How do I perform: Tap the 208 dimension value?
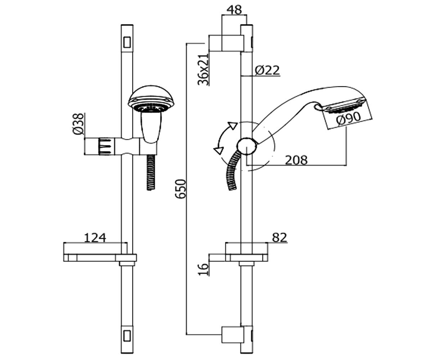296,160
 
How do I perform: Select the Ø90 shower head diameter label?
348,118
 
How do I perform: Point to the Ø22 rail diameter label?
267,70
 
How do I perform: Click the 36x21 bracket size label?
203,70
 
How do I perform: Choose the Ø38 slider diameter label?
78,124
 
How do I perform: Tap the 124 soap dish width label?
95,238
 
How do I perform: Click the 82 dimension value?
279,237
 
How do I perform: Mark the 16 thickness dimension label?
203,269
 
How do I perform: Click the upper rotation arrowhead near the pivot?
232,126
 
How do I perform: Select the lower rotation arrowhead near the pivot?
219,150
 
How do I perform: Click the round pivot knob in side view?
247,146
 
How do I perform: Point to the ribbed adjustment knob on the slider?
107,146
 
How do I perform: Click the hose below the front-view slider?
150,172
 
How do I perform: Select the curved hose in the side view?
233,171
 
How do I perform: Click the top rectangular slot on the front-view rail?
127,42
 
